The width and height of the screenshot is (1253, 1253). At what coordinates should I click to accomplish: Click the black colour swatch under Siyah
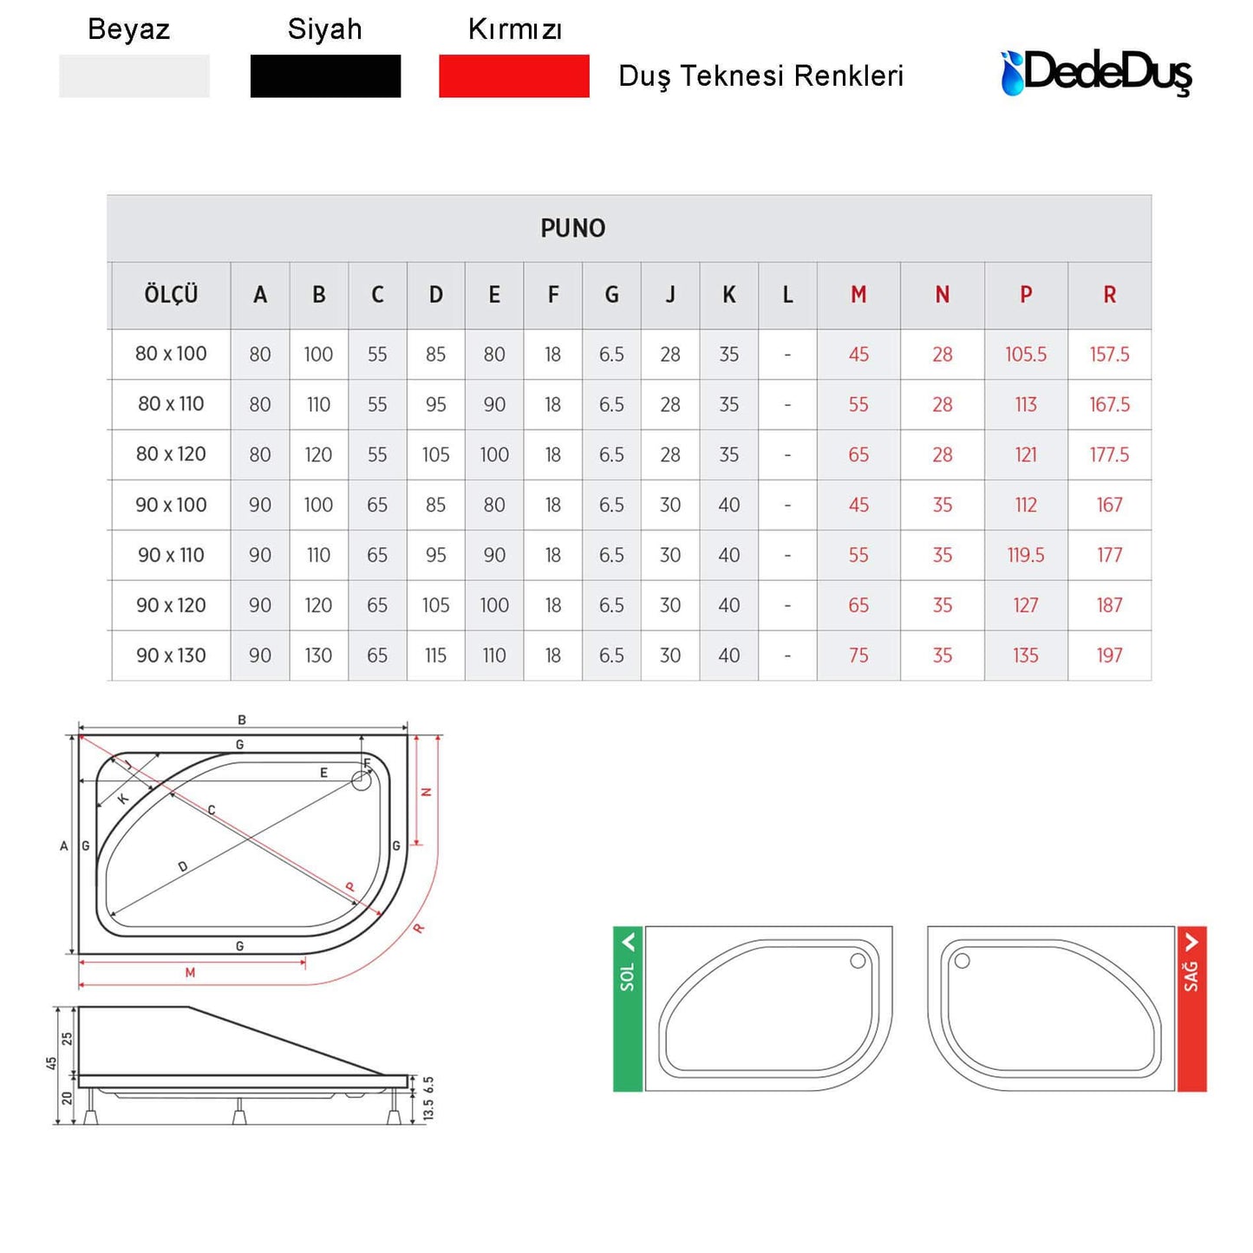[325, 76]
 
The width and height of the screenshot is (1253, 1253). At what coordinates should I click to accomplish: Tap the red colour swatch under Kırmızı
[513, 76]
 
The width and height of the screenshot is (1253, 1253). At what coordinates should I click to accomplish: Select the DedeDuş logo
[1096, 73]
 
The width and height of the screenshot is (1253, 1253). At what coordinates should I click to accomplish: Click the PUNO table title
[573, 228]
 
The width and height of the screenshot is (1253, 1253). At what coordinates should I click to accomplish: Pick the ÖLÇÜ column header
[171, 295]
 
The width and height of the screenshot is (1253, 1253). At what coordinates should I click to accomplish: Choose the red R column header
[1109, 295]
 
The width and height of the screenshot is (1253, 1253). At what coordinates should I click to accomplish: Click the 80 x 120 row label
[171, 454]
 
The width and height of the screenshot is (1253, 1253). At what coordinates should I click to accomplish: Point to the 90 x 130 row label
[171, 655]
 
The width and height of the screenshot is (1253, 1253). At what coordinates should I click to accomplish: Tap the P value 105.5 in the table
[1026, 355]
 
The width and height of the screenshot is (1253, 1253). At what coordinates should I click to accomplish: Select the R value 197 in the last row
[1109, 655]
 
